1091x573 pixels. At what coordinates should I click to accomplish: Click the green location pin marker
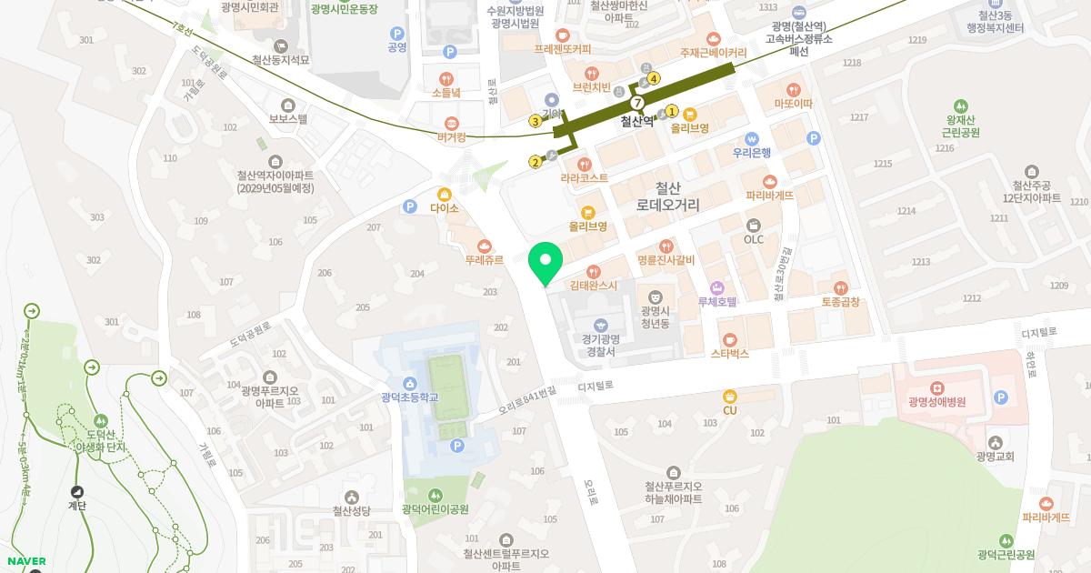[545, 261]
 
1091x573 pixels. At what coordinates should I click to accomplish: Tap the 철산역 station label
[637, 121]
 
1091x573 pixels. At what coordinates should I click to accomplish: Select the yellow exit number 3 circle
[535, 121]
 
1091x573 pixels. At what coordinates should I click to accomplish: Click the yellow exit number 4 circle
[654, 78]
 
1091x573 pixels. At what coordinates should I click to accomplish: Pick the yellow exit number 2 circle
[535, 163]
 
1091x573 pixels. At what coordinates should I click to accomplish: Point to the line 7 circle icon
[637, 103]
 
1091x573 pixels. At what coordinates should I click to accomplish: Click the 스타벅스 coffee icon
[729, 338]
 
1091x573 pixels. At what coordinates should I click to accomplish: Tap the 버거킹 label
[451, 137]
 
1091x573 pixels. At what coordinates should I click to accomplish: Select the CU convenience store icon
[729, 396]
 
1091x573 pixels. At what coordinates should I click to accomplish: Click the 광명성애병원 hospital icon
[936, 388]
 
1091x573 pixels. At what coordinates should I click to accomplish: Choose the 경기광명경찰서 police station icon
[600, 325]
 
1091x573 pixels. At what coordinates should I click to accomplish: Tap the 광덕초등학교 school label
[409, 397]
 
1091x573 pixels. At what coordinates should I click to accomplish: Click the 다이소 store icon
[445, 194]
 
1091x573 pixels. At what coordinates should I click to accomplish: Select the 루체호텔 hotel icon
[716, 287]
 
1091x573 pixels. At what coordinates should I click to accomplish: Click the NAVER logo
[26, 561]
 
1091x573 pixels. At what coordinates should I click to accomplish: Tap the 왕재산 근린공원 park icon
[961, 106]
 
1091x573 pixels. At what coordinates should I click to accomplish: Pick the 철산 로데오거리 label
[667, 197]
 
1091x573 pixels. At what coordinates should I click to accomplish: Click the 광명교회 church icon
[995, 442]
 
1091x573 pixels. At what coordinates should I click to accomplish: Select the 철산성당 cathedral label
[351, 511]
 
